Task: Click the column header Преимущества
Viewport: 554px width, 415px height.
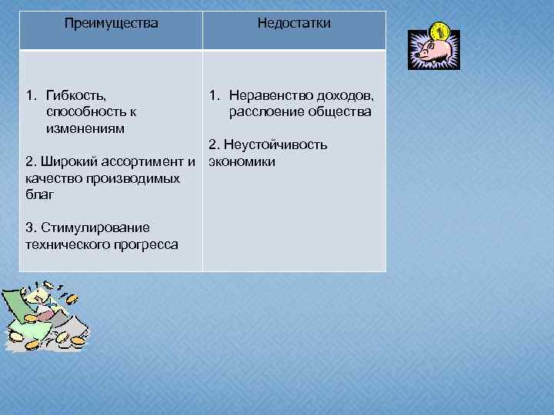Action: [x=112, y=24]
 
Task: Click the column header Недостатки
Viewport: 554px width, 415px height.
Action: [x=294, y=24]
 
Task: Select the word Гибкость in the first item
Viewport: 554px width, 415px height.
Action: [x=76, y=96]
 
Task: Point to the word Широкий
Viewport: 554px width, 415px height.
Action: [x=65, y=161]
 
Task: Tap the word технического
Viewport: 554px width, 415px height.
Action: [x=65, y=245]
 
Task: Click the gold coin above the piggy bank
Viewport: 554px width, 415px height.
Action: [x=440, y=32]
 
